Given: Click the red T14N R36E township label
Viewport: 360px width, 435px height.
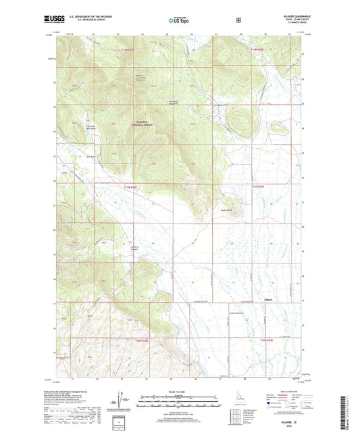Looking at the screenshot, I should (x=259, y=49).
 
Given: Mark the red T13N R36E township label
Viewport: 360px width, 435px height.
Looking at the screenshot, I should (x=260, y=187).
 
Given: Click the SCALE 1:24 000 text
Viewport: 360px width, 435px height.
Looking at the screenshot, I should (x=179, y=392).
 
